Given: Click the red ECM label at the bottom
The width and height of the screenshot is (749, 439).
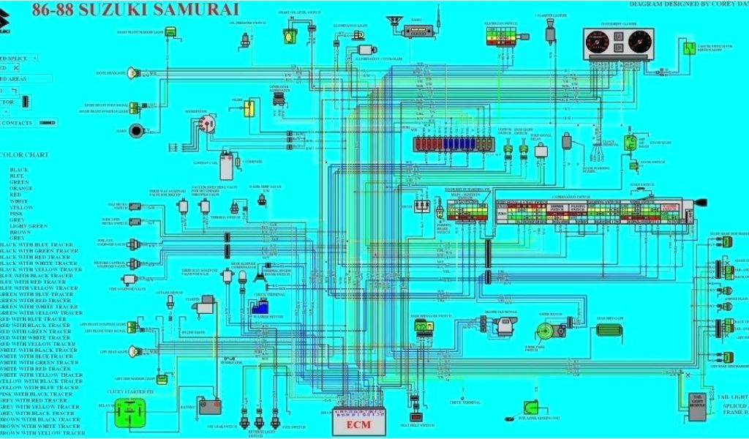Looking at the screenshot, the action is pos(359,425).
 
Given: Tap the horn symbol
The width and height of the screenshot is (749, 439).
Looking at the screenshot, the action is pos(137,131).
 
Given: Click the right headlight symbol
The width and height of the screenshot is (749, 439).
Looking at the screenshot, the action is pos(133,72).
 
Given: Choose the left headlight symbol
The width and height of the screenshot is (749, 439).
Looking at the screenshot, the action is pos(134,351).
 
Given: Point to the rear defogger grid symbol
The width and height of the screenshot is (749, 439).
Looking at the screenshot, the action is pos(609,330).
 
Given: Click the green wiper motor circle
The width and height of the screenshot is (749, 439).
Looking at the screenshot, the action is pos(560,331).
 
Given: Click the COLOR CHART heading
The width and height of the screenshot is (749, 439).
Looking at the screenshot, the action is pos(25,154).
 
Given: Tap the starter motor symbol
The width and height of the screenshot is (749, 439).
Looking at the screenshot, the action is pos(207,307).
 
